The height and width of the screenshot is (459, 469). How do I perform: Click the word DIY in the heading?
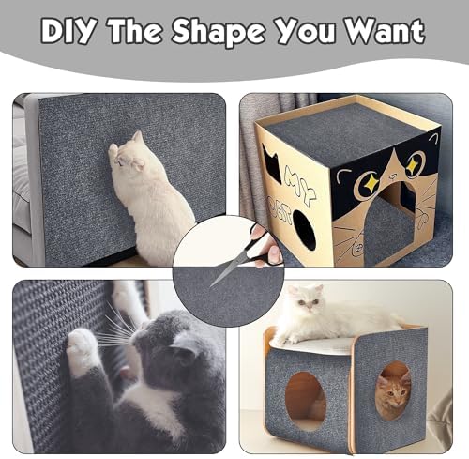point(68,31)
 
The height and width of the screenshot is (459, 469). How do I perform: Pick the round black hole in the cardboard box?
point(305,230)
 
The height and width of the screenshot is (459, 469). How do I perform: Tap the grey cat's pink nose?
point(125,374)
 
